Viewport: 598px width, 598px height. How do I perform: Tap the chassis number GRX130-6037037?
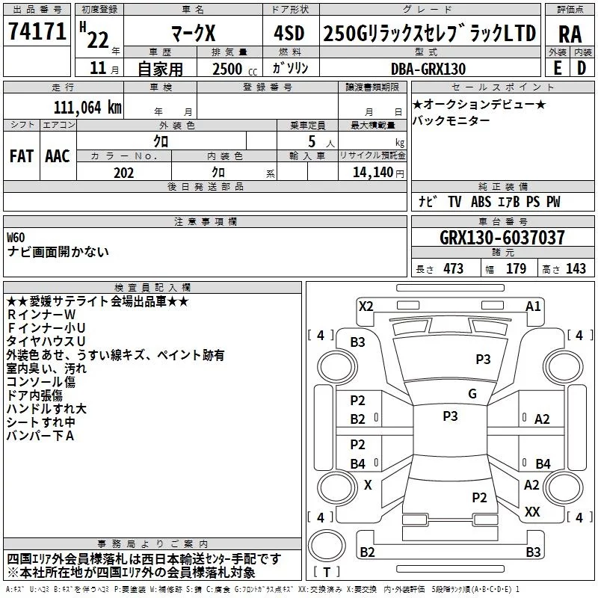[x=502, y=238]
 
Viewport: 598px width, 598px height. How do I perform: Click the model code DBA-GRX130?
[x=428, y=69]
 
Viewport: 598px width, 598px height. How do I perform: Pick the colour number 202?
[x=123, y=173]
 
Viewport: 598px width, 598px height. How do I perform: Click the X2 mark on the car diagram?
[x=366, y=306]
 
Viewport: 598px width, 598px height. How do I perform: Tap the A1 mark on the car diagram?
[x=533, y=306]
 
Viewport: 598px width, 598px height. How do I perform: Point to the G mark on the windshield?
[x=472, y=394]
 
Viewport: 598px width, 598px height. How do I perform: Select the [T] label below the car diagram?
[x=327, y=573]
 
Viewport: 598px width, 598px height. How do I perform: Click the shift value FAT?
[x=21, y=156]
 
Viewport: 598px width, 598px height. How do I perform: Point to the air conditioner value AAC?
[x=58, y=156]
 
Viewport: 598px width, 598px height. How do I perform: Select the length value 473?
[x=453, y=269]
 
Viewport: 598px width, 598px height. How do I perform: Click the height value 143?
[x=576, y=269]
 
